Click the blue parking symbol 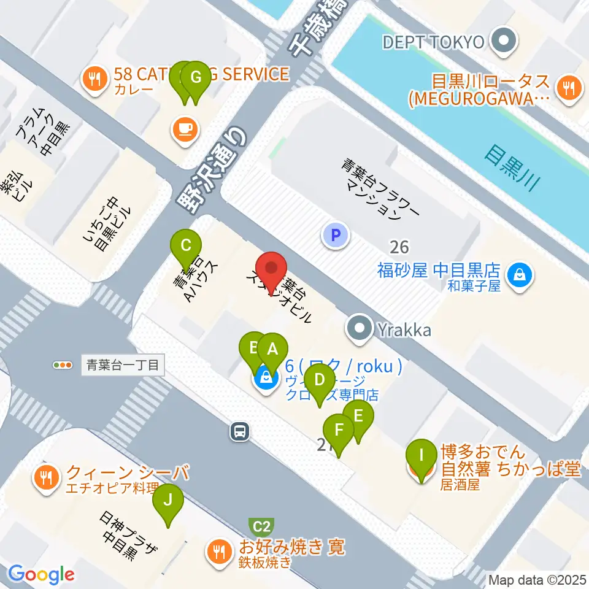point(335,234)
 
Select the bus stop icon point(240,431)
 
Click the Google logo point(41,574)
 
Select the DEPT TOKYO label point(434,42)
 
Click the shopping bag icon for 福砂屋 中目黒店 point(520,274)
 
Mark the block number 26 point(399,247)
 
